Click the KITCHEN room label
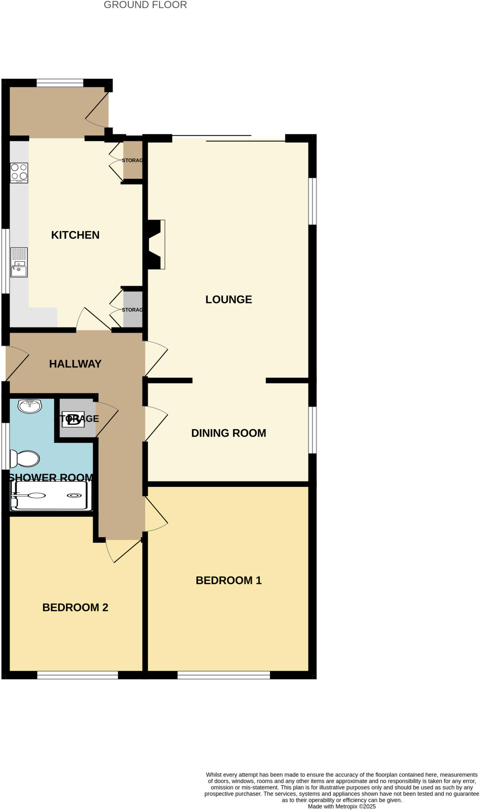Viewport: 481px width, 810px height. pos(75,235)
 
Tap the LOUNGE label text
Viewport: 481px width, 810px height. pos(228,299)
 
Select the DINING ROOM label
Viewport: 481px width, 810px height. pos(228,433)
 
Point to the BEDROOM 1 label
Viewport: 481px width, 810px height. pos(228,580)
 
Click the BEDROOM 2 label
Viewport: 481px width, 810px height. pos(75,607)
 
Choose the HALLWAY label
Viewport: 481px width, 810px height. pos(75,364)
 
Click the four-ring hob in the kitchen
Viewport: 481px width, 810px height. pos(19,173)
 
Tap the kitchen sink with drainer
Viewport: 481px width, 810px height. pos(19,262)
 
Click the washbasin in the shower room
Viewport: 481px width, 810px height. pos(30,406)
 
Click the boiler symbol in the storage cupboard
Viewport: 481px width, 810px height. pos(73,419)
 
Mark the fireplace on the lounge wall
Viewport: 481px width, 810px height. pos(156,245)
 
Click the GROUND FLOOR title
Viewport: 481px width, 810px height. pos(145,5)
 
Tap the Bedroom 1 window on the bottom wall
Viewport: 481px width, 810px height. pos(223,675)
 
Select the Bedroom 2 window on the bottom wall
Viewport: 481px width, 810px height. pos(77,675)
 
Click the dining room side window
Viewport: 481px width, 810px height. pos(312,430)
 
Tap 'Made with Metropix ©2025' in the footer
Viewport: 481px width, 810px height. pos(341,806)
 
